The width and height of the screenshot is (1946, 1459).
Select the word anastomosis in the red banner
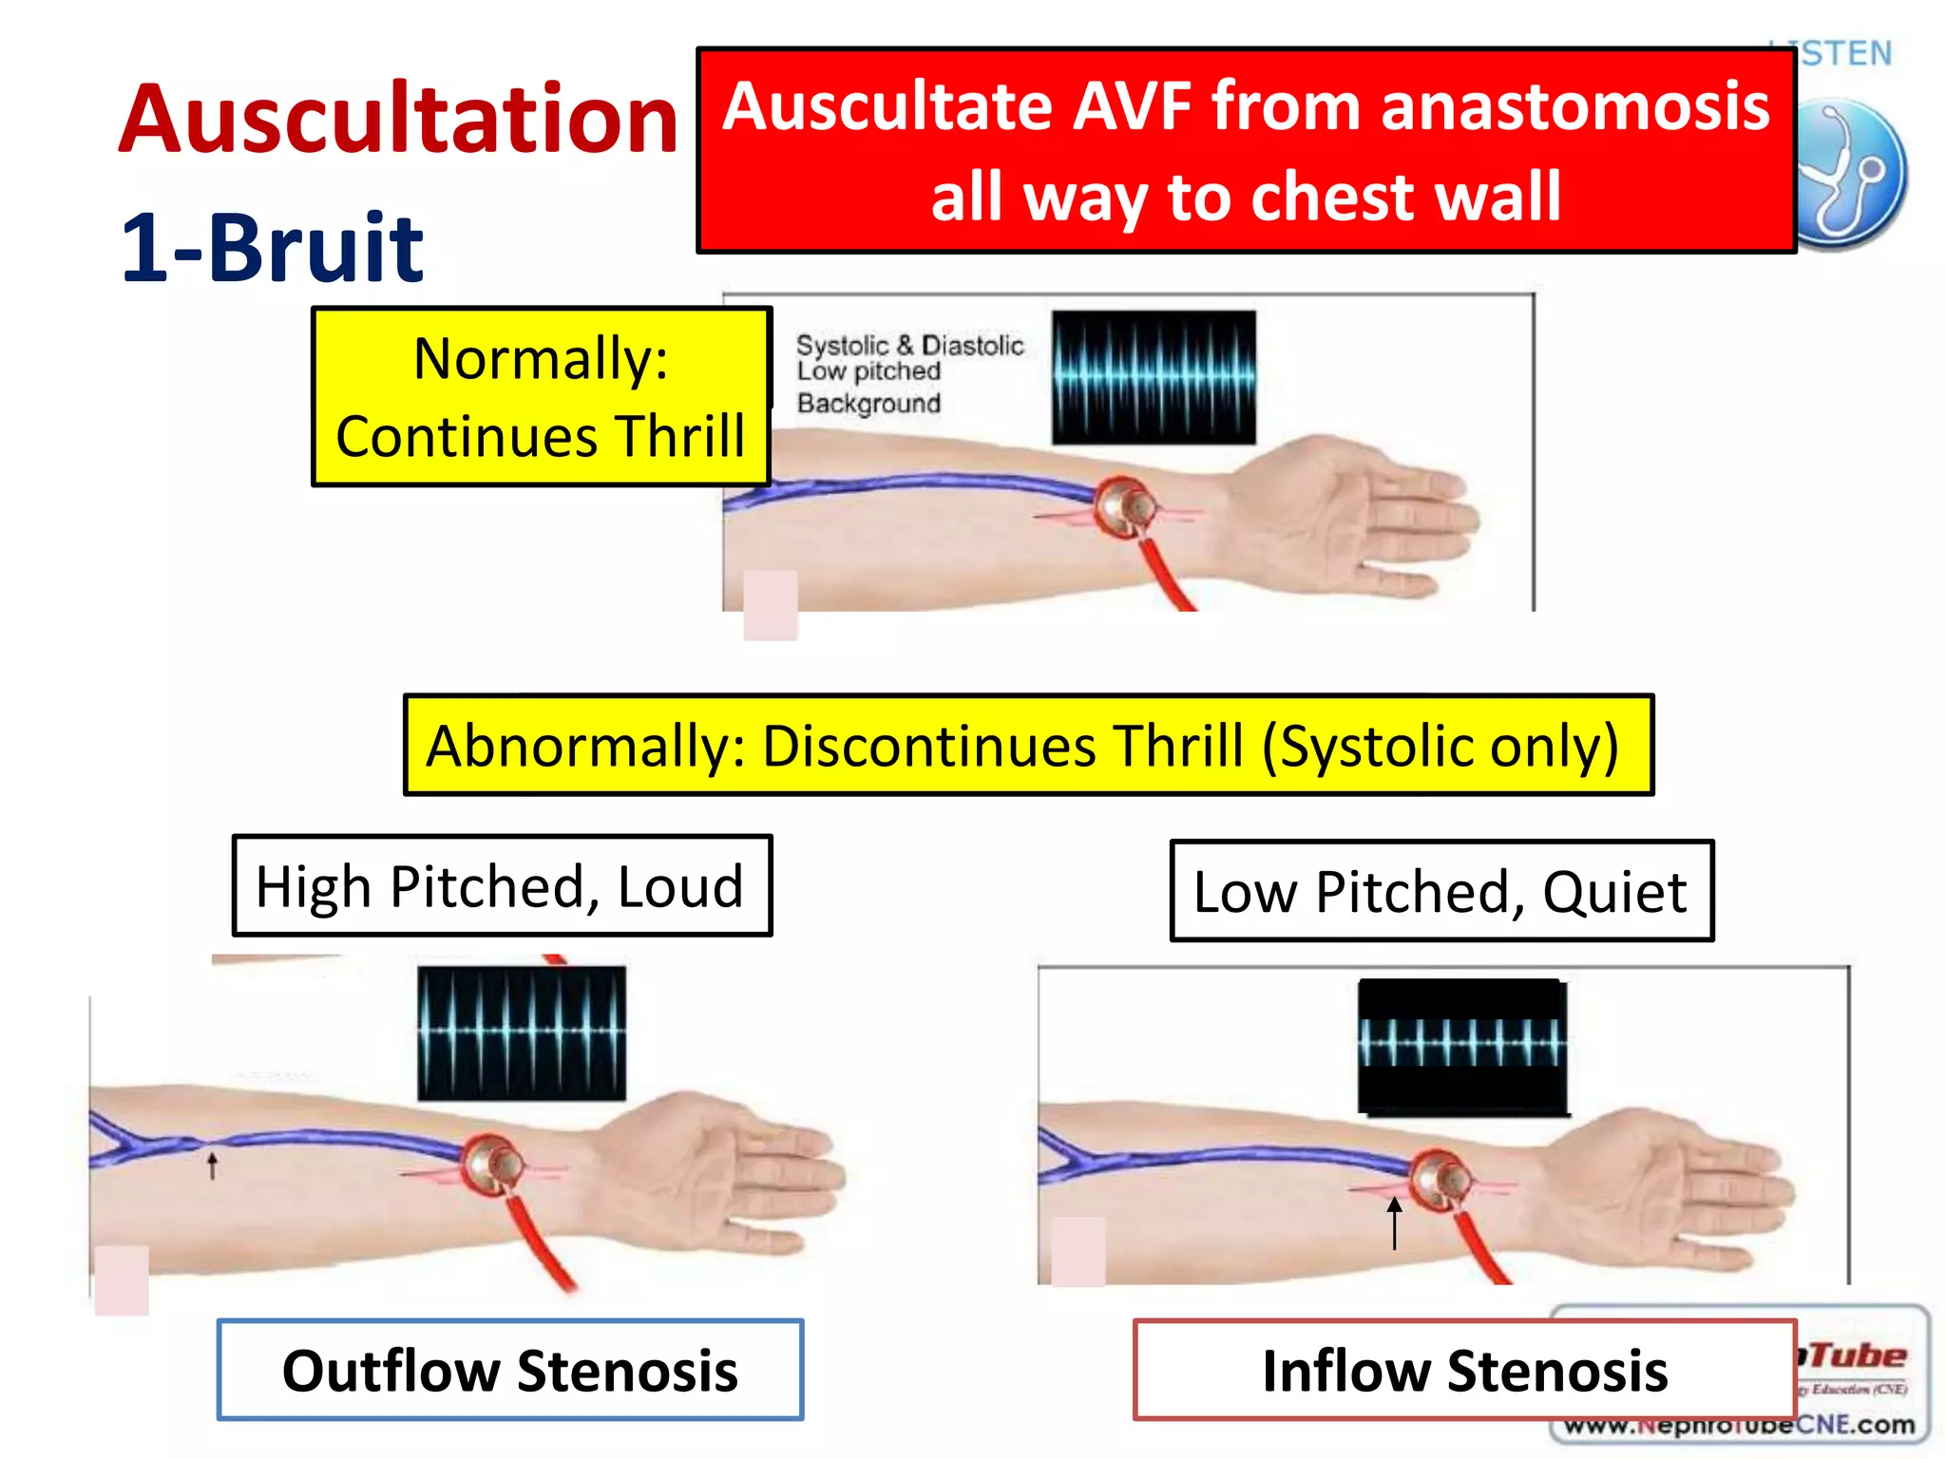pos(1574,106)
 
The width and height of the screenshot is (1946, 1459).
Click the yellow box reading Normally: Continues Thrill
pos(541,397)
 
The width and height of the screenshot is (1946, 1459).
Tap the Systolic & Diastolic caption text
pos(909,345)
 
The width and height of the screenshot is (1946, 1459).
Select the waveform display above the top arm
pos(1154,377)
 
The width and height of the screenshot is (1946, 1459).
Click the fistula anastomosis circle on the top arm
pos(1125,506)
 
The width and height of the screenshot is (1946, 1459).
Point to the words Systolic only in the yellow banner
pos(1440,747)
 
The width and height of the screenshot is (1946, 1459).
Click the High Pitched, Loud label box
pos(502,886)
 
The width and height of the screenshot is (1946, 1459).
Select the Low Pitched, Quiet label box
pos(1440,892)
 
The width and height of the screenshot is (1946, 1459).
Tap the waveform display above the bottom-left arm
pos(522,1033)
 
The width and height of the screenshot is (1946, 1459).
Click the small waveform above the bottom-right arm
pos(1461,1044)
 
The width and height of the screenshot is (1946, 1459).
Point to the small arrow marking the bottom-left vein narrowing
pos(213,1165)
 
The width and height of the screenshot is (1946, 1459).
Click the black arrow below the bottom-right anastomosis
pos(1394,1222)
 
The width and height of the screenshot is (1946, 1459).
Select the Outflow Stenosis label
pos(510,1371)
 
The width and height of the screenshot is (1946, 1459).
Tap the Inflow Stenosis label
pos(1464,1371)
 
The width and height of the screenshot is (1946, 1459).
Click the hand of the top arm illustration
pos(1368,518)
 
